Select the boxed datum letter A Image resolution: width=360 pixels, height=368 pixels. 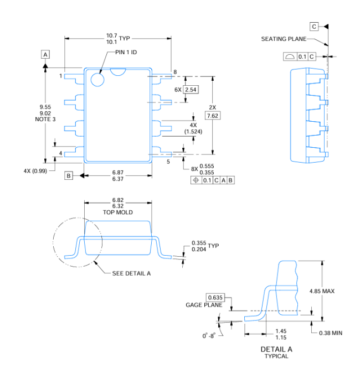[45, 54]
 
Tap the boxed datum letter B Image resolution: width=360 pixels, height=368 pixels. [69, 175]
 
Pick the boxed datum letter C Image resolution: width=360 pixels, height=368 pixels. [314, 27]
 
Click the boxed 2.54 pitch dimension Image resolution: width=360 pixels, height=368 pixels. [191, 90]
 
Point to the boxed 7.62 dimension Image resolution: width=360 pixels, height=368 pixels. [213, 116]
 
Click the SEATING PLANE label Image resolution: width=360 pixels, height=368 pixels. [284, 39]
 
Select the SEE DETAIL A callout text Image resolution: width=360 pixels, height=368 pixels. [131, 273]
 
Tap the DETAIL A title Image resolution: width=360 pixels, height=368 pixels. [276, 349]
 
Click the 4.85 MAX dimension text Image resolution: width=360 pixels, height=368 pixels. [322, 291]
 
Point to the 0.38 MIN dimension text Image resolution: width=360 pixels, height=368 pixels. [331, 333]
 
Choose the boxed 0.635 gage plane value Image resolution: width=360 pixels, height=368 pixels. [215, 298]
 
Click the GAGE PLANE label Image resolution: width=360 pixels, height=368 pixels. [204, 305]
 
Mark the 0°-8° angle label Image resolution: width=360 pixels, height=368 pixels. [209, 336]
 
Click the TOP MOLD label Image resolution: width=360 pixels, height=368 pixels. [117, 212]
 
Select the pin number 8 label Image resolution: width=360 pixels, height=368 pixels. [175, 72]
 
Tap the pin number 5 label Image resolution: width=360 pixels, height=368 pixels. [168, 162]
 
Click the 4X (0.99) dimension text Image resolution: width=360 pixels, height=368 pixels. [35, 171]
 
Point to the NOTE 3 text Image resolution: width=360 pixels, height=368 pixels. [45, 119]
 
